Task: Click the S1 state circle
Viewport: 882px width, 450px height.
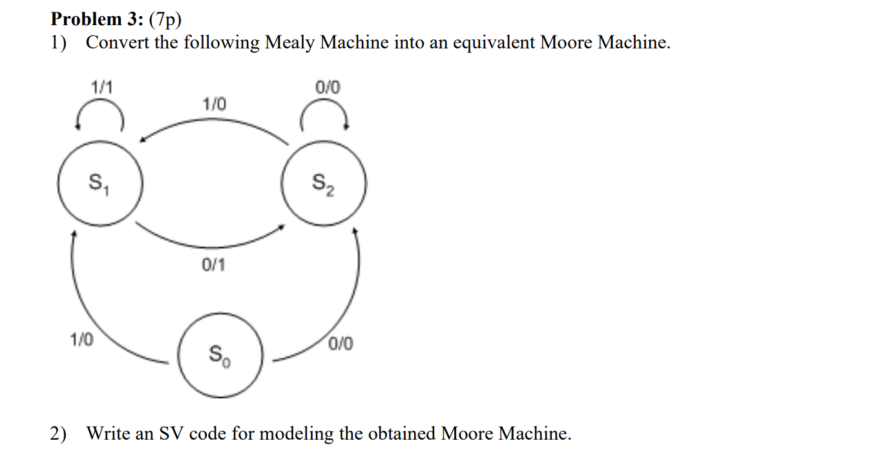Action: [x=98, y=184]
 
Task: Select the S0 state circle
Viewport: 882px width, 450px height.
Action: [x=220, y=354]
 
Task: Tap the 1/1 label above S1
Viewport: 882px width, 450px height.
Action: [x=101, y=87]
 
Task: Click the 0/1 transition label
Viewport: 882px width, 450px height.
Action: [x=214, y=265]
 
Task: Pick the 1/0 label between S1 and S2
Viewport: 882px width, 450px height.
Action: [x=215, y=104]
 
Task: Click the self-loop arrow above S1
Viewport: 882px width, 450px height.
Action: [x=99, y=116]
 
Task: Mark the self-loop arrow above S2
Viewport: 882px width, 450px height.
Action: [x=325, y=116]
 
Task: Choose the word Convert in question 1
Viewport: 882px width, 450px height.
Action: [x=118, y=43]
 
